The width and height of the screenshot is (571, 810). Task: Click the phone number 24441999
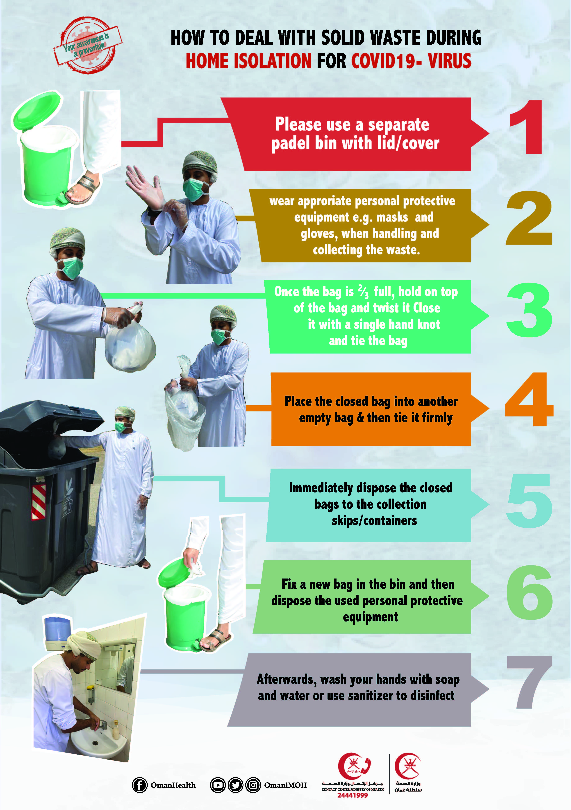click(353, 795)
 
